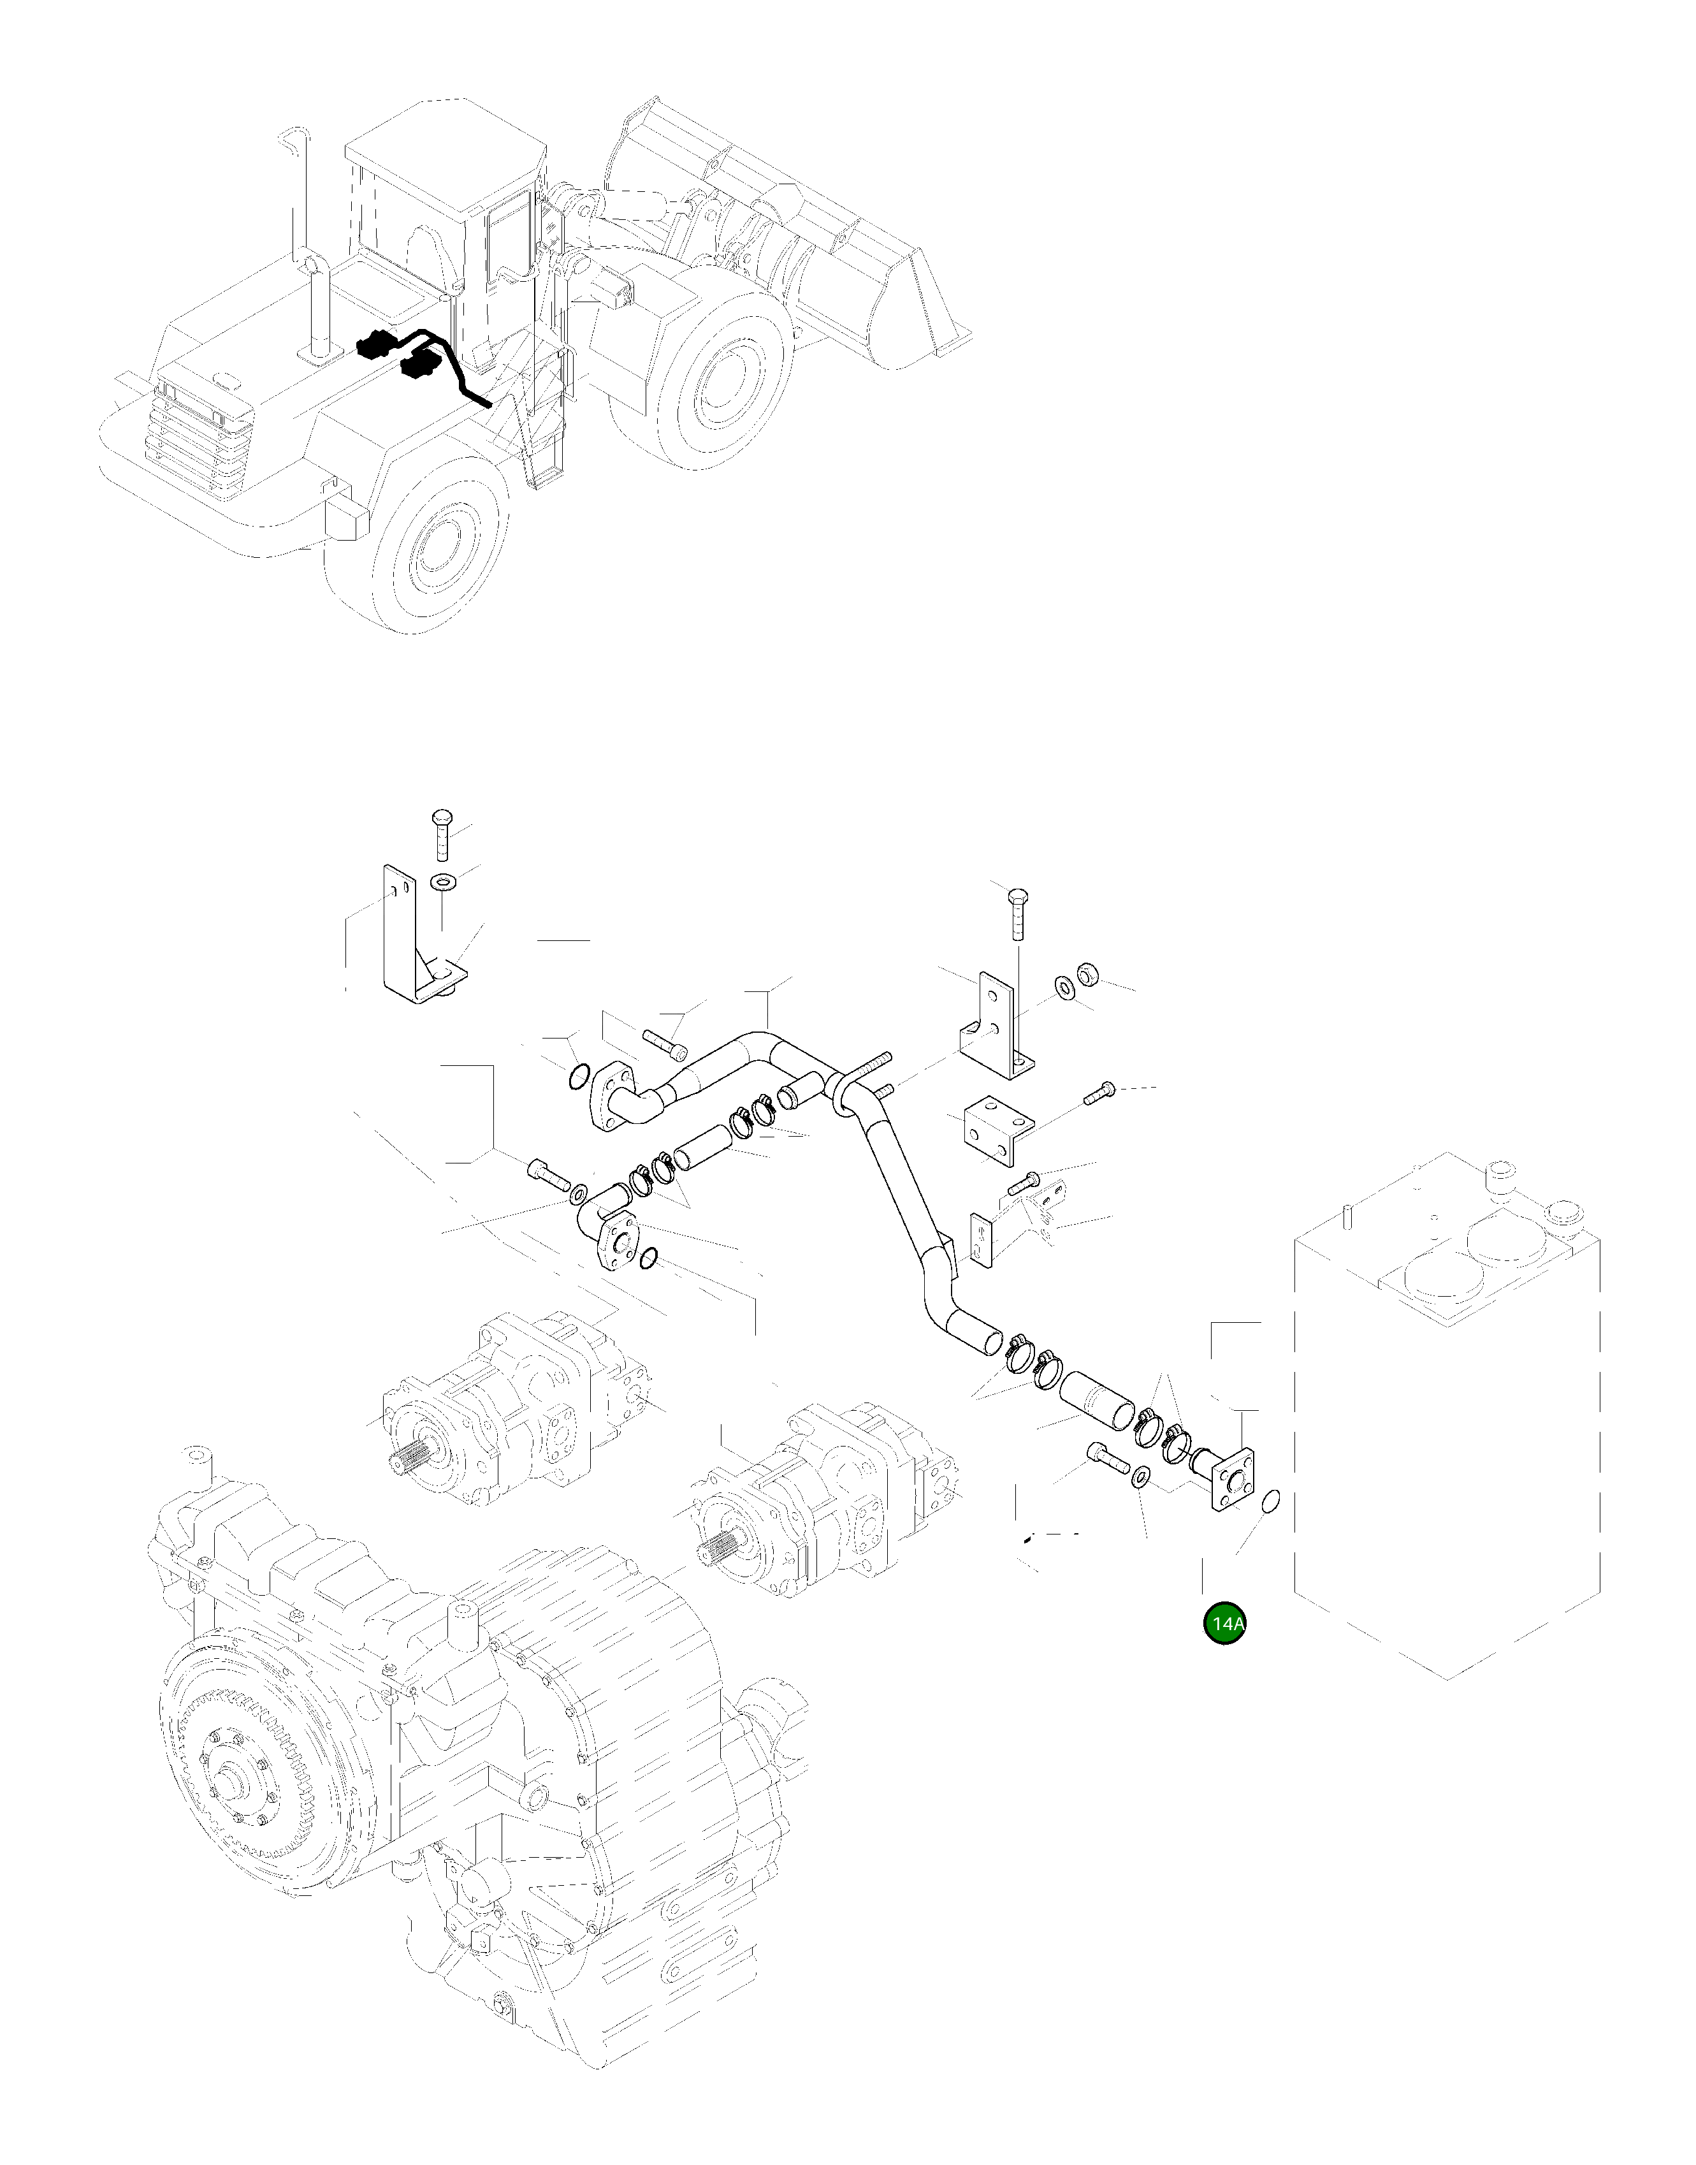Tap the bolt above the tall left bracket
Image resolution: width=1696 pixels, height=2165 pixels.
(440, 835)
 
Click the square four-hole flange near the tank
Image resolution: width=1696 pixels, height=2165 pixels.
(1232, 1480)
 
